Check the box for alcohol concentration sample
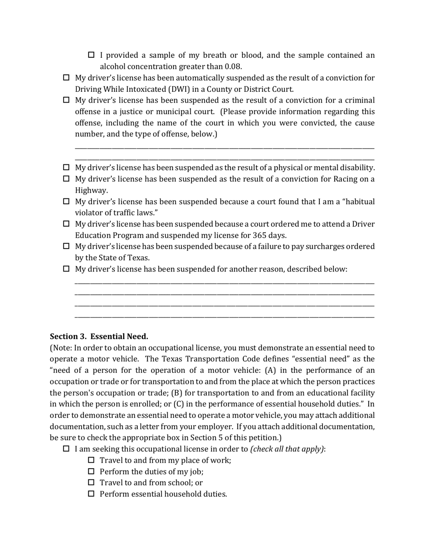click(x=92, y=55)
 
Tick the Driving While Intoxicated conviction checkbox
click(x=67, y=78)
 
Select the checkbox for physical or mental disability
click(x=67, y=168)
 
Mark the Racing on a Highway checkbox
click(x=67, y=179)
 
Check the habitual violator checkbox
click(x=67, y=202)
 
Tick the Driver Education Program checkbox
click(x=67, y=224)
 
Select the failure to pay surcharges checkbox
click(x=67, y=246)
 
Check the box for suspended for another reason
click(x=67, y=269)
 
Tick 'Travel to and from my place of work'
click(x=92, y=460)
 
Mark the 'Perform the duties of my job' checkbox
click(x=92, y=471)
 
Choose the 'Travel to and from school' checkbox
click(x=92, y=482)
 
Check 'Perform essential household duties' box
click(x=92, y=494)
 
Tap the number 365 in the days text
click(x=260, y=235)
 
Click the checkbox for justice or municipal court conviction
click(x=67, y=100)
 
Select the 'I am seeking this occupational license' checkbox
click(x=67, y=449)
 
